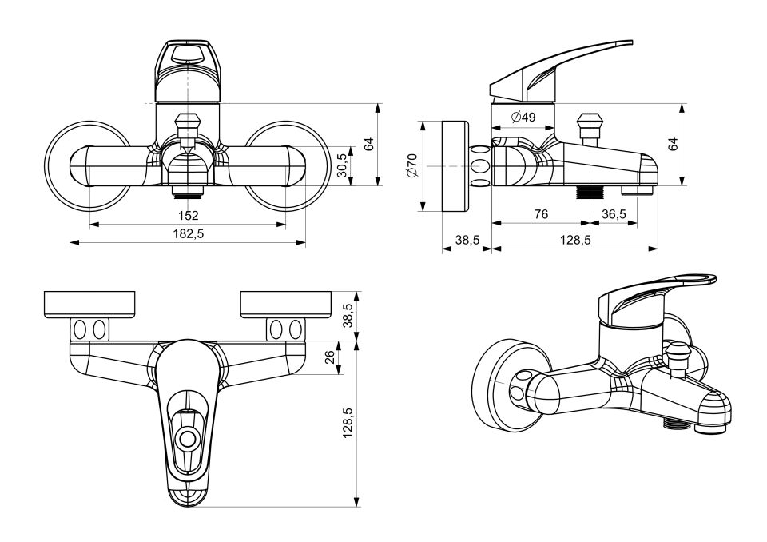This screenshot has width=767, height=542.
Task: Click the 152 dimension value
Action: pos(188,215)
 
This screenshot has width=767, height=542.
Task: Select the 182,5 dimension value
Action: pos(188,233)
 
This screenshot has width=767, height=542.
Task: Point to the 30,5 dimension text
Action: pos(343,167)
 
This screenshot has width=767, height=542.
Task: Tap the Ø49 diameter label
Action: pos(523,118)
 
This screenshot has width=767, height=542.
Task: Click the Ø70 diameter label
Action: pos(412,166)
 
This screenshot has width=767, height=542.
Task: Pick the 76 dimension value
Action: pos(541,214)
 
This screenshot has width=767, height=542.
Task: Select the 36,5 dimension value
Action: pos(614,214)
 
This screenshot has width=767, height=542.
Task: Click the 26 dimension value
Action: pos(330,357)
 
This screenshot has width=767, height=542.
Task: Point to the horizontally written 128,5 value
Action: pos(574,241)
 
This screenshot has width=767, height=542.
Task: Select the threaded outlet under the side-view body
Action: pos(589,193)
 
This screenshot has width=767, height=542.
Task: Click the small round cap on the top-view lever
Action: pos(189,439)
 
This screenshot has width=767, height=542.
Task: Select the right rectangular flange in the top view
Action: pos(285,304)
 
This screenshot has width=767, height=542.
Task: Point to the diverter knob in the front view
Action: pos(188,128)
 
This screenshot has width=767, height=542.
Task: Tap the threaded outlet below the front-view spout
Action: pos(188,193)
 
